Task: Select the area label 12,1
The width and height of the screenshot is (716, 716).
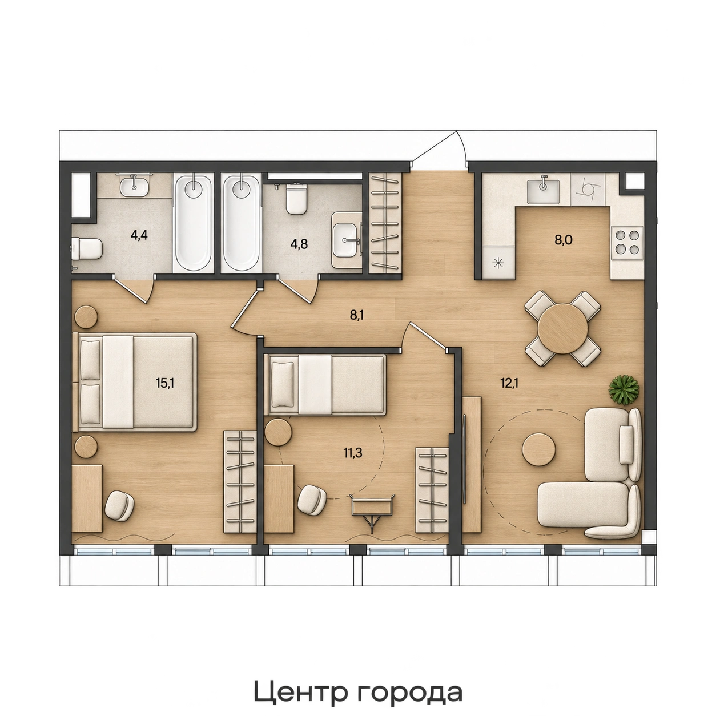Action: tap(509, 383)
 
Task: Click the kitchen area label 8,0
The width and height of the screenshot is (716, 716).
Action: tap(564, 240)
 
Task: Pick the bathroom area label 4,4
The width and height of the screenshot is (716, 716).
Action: tap(139, 235)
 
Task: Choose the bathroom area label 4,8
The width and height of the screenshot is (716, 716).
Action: tap(300, 245)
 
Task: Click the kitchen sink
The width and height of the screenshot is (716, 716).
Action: tap(543, 192)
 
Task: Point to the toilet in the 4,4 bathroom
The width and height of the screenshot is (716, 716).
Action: tap(87, 249)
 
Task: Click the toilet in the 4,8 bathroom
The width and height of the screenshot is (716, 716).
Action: tap(296, 200)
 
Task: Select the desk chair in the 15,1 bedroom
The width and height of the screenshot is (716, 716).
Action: tap(120, 505)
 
